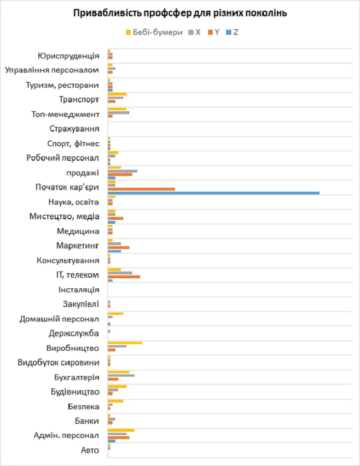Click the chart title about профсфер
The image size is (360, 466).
click(x=179, y=13)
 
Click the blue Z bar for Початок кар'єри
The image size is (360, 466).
click(x=213, y=193)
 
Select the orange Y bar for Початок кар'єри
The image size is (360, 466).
click(x=141, y=189)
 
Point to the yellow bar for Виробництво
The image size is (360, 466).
click(x=125, y=342)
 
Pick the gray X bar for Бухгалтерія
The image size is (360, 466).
click(x=121, y=375)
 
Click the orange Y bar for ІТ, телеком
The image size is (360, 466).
click(x=124, y=277)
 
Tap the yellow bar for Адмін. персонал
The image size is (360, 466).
click(x=121, y=430)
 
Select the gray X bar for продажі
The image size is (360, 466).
click(x=122, y=171)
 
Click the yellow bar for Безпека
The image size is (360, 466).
click(x=115, y=401)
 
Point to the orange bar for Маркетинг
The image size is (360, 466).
click(x=119, y=247)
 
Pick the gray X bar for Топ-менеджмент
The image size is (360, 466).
click(x=118, y=112)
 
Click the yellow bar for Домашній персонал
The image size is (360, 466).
click(x=115, y=313)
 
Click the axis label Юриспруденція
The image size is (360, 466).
click(x=68, y=56)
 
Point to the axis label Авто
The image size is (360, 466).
click(x=89, y=450)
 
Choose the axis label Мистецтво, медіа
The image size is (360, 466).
click(x=64, y=216)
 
